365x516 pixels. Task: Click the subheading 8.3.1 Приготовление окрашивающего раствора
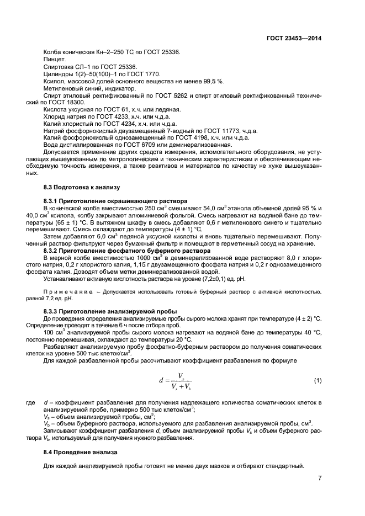[x=115, y=200]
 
